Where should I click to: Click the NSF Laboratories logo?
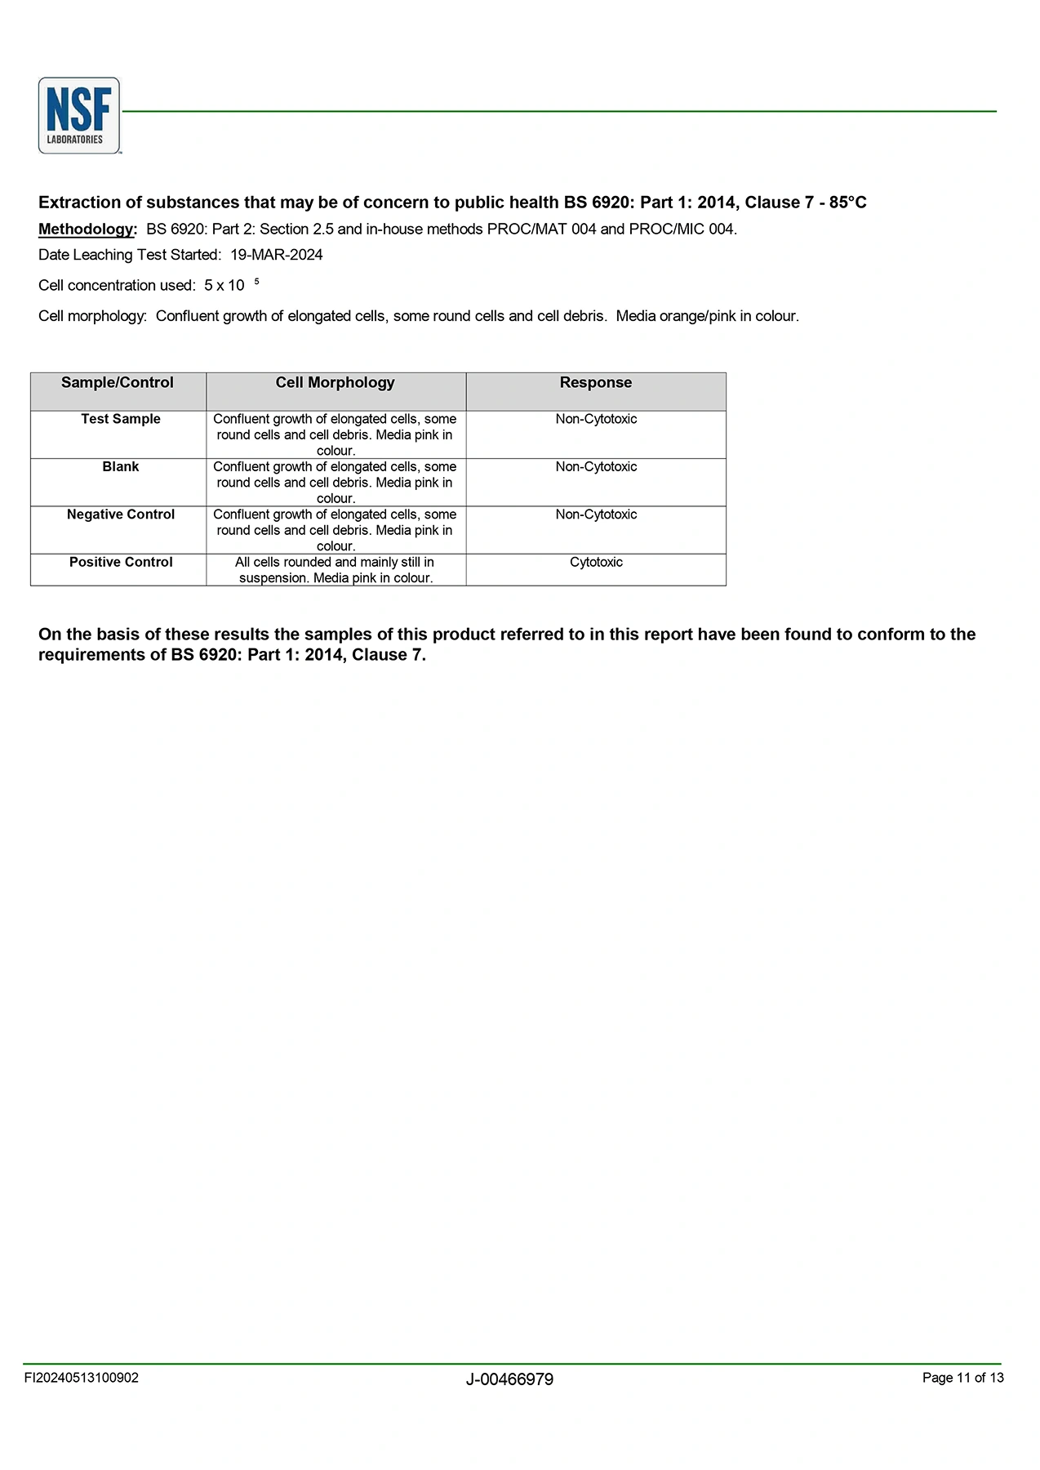pos(79,115)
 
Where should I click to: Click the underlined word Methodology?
pos(87,229)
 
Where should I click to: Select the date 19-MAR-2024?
pos(276,255)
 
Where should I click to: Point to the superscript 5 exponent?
pos(256,282)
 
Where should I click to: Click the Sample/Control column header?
pos(118,383)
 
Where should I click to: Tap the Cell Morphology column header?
pos(335,383)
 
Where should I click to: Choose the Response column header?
pos(596,383)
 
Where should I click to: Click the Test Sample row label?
pos(121,419)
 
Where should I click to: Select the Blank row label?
pos(121,467)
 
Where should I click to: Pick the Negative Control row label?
pos(121,514)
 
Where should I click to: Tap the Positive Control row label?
pos(121,563)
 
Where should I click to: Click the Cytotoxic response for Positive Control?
pos(596,563)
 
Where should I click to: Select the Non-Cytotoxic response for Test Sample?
pos(596,419)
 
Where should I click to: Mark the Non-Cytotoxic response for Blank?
pos(596,467)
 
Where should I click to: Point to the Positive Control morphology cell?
pos(335,570)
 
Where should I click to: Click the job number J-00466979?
pos(509,1379)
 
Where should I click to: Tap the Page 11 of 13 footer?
pos(962,1378)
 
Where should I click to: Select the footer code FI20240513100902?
pos(81,1378)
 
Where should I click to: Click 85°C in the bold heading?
pos(847,203)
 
